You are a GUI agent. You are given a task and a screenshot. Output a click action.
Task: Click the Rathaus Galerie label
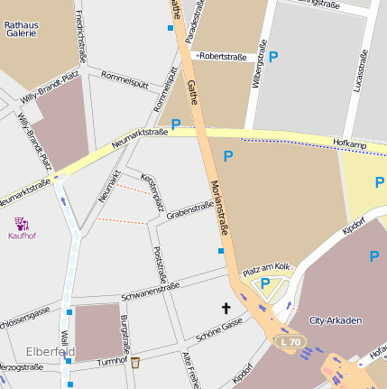[22, 27]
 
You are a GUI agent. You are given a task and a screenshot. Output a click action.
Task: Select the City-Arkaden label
[336, 321]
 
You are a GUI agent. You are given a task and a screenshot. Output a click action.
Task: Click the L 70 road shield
[290, 342]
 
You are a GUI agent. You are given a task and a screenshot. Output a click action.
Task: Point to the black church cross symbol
[226, 309]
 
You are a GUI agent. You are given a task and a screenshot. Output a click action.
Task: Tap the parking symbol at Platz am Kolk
[265, 283]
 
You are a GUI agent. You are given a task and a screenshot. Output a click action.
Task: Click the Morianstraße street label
[217, 208]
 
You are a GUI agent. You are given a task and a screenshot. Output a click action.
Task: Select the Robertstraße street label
[222, 55]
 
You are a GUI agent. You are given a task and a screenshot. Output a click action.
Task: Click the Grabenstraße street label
[189, 209]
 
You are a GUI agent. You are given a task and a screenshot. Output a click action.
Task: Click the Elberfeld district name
[51, 351]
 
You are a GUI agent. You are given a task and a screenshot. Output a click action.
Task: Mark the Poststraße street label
[161, 264]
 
